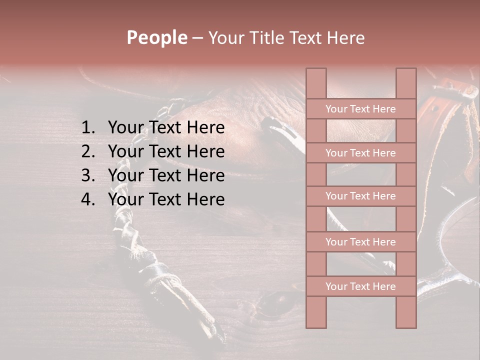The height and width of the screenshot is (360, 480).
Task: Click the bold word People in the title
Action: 157,38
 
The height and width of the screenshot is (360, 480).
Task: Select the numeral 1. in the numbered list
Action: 88,128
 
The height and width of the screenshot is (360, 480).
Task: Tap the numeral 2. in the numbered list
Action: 88,151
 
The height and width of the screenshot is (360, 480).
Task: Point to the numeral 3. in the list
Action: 88,175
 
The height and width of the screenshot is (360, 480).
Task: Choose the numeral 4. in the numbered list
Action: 88,199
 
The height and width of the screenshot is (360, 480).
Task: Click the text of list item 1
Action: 166,128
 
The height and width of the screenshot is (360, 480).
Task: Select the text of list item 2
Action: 166,151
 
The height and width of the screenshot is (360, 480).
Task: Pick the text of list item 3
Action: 166,175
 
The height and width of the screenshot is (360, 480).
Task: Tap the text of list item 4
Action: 166,199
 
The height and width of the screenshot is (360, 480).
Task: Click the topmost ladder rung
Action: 360,109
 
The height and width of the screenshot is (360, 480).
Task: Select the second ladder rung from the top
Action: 360,153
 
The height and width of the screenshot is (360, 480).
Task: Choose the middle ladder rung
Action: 360,196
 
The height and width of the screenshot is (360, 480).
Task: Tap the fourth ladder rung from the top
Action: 360,242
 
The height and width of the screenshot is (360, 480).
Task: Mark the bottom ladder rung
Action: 360,286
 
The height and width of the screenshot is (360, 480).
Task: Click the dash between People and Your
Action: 197,38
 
